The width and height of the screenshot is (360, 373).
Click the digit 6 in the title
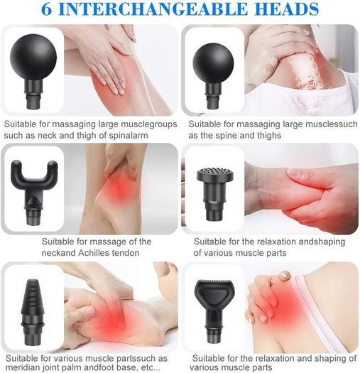click(46, 9)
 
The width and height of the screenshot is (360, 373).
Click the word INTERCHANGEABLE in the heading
click(153, 9)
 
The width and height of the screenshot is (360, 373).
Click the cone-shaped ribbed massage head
click(33, 313)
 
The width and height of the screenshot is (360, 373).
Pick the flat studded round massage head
click(214, 193)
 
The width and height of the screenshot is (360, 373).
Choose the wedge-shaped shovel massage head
click(214, 310)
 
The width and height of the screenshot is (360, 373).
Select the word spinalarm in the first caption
click(129, 136)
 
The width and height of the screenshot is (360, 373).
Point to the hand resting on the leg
click(111, 60)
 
